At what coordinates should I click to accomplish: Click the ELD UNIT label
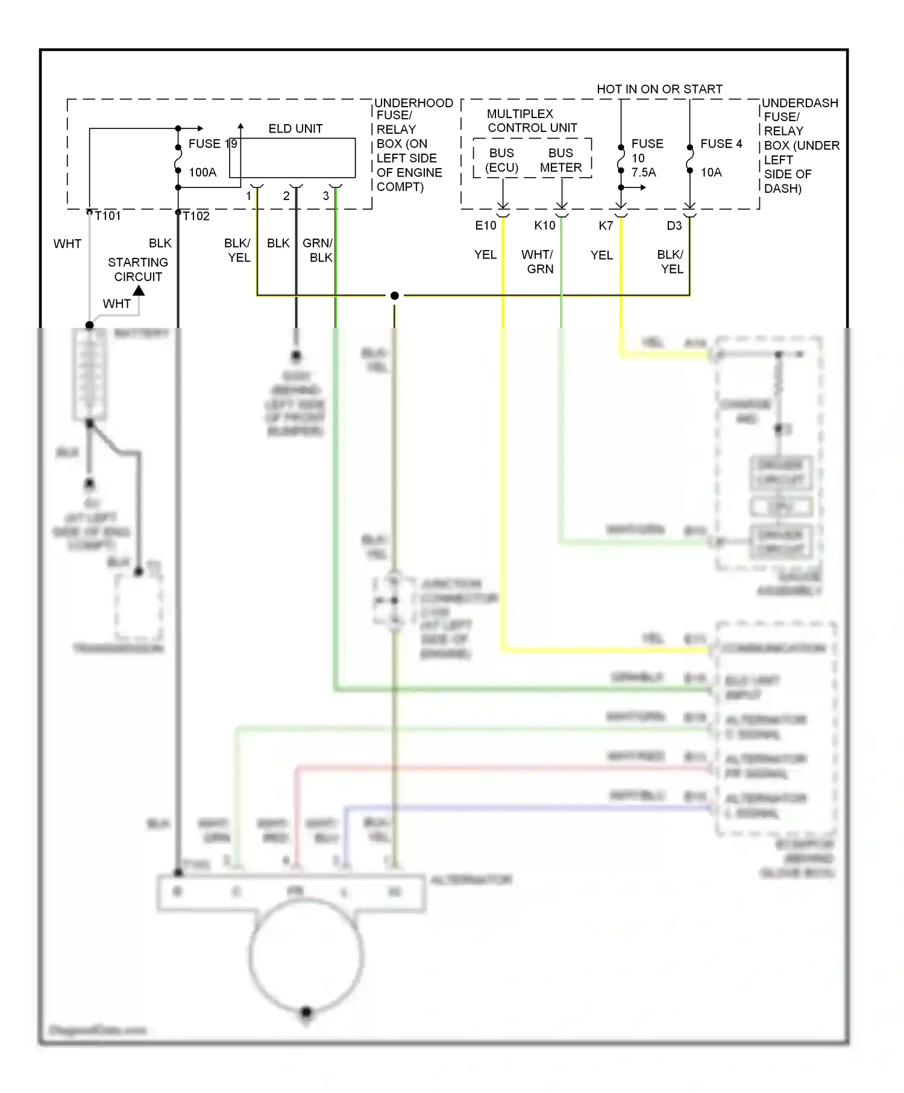[x=295, y=128]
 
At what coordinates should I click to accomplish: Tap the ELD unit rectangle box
[x=292, y=158]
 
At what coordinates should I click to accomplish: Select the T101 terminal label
[x=108, y=216]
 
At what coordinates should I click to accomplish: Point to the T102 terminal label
[x=196, y=216]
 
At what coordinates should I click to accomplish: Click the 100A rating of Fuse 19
[x=202, y=172]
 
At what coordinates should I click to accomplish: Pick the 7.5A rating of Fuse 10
[x=644, y=172]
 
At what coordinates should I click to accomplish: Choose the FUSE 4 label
[x=721, y=143]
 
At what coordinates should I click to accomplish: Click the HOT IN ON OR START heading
[x=659, y=89]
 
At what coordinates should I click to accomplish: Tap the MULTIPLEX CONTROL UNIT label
[x=532, y=121]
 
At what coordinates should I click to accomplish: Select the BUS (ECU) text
[x=502, y=160]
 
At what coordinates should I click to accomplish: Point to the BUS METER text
[x=560, y=160]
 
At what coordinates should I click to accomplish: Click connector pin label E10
[x=486, y=225]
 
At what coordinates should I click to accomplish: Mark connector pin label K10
[x=545, y=225]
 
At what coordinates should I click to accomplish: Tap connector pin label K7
[x=606, y=225]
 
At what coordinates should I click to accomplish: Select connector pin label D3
[x=674, y=225]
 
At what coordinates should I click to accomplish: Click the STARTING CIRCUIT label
[x=138, y=269]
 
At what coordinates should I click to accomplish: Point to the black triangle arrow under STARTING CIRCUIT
[x=139, y=290]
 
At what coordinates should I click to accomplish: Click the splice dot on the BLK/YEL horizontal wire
[x=395, y=295]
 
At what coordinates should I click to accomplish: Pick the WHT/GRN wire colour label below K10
[x=538, y=262]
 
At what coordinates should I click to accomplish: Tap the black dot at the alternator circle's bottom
[x=306, y=1012]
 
